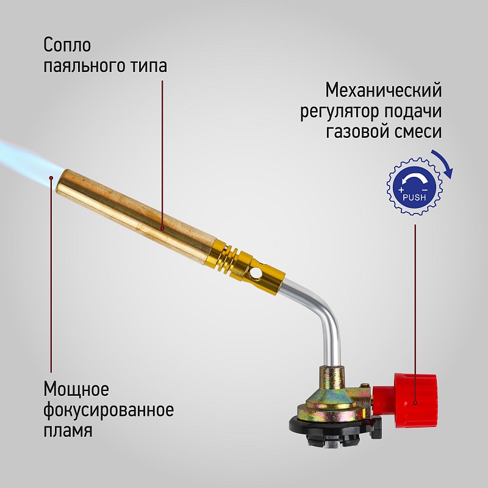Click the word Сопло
click(x=67, y=45)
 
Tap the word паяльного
click(x=83, y=66)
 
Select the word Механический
click(x=384, y=90)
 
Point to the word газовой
click(x=357, y=131)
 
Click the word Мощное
click(x=76, y=389)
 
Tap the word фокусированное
click(x=109, y=411)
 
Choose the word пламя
click(x=68, y=431)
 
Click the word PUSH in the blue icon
click(x=414, y=197)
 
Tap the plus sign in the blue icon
click(x=401, y=190)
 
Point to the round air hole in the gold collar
click(x=256, y=273)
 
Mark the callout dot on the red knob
click(x=415, y=403)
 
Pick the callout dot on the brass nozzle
click(x=162, y=229)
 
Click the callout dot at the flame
click(x=51, y=178)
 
